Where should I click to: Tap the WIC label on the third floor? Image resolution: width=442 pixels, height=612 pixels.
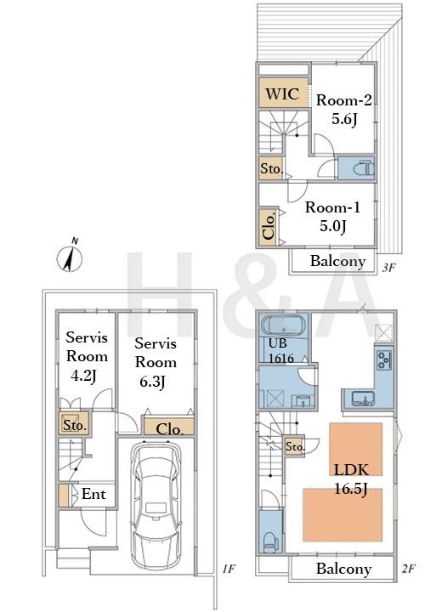pyautogui.click(x=282, y=94)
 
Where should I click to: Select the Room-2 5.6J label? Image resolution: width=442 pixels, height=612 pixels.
pyautogui.click(x=343, y=110)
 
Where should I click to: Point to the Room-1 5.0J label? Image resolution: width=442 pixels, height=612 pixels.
pyautogui.click(x=332, y=216)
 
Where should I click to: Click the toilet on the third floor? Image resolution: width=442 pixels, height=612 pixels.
pyautogui.click(x=363, y=168)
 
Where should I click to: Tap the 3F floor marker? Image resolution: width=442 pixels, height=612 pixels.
pyautogui.click(x=389, y=268)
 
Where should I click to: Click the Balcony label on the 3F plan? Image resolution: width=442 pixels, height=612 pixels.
pyautogui.click(x=337, y=261)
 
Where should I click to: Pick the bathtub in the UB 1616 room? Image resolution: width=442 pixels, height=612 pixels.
pyautogui.click(x=283, y=325)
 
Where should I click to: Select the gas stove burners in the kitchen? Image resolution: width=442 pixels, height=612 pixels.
pyautogui.click(x=384, y=360)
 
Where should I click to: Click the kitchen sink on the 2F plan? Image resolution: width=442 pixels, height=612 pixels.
pyautogui.click(x=362, y=399)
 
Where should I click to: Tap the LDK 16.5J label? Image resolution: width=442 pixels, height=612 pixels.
pyautogui.click(x=351, y=479)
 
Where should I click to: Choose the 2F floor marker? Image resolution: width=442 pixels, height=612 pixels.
pyautogui.click(x=408, y=569)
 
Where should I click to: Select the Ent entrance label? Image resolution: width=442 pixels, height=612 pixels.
pyautogui.click(x=93, y=494)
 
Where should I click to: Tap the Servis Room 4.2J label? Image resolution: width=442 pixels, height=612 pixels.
pyautogui.click(x=87, y=356)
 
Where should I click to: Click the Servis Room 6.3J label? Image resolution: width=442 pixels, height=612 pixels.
pyautogui.click(x=156, y=362)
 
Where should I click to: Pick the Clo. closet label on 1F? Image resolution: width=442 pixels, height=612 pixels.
pyautogui.click(x=169, y=429)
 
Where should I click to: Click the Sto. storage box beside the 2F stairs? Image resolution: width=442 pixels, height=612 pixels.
pyautogui.click(x=294, y=445)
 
